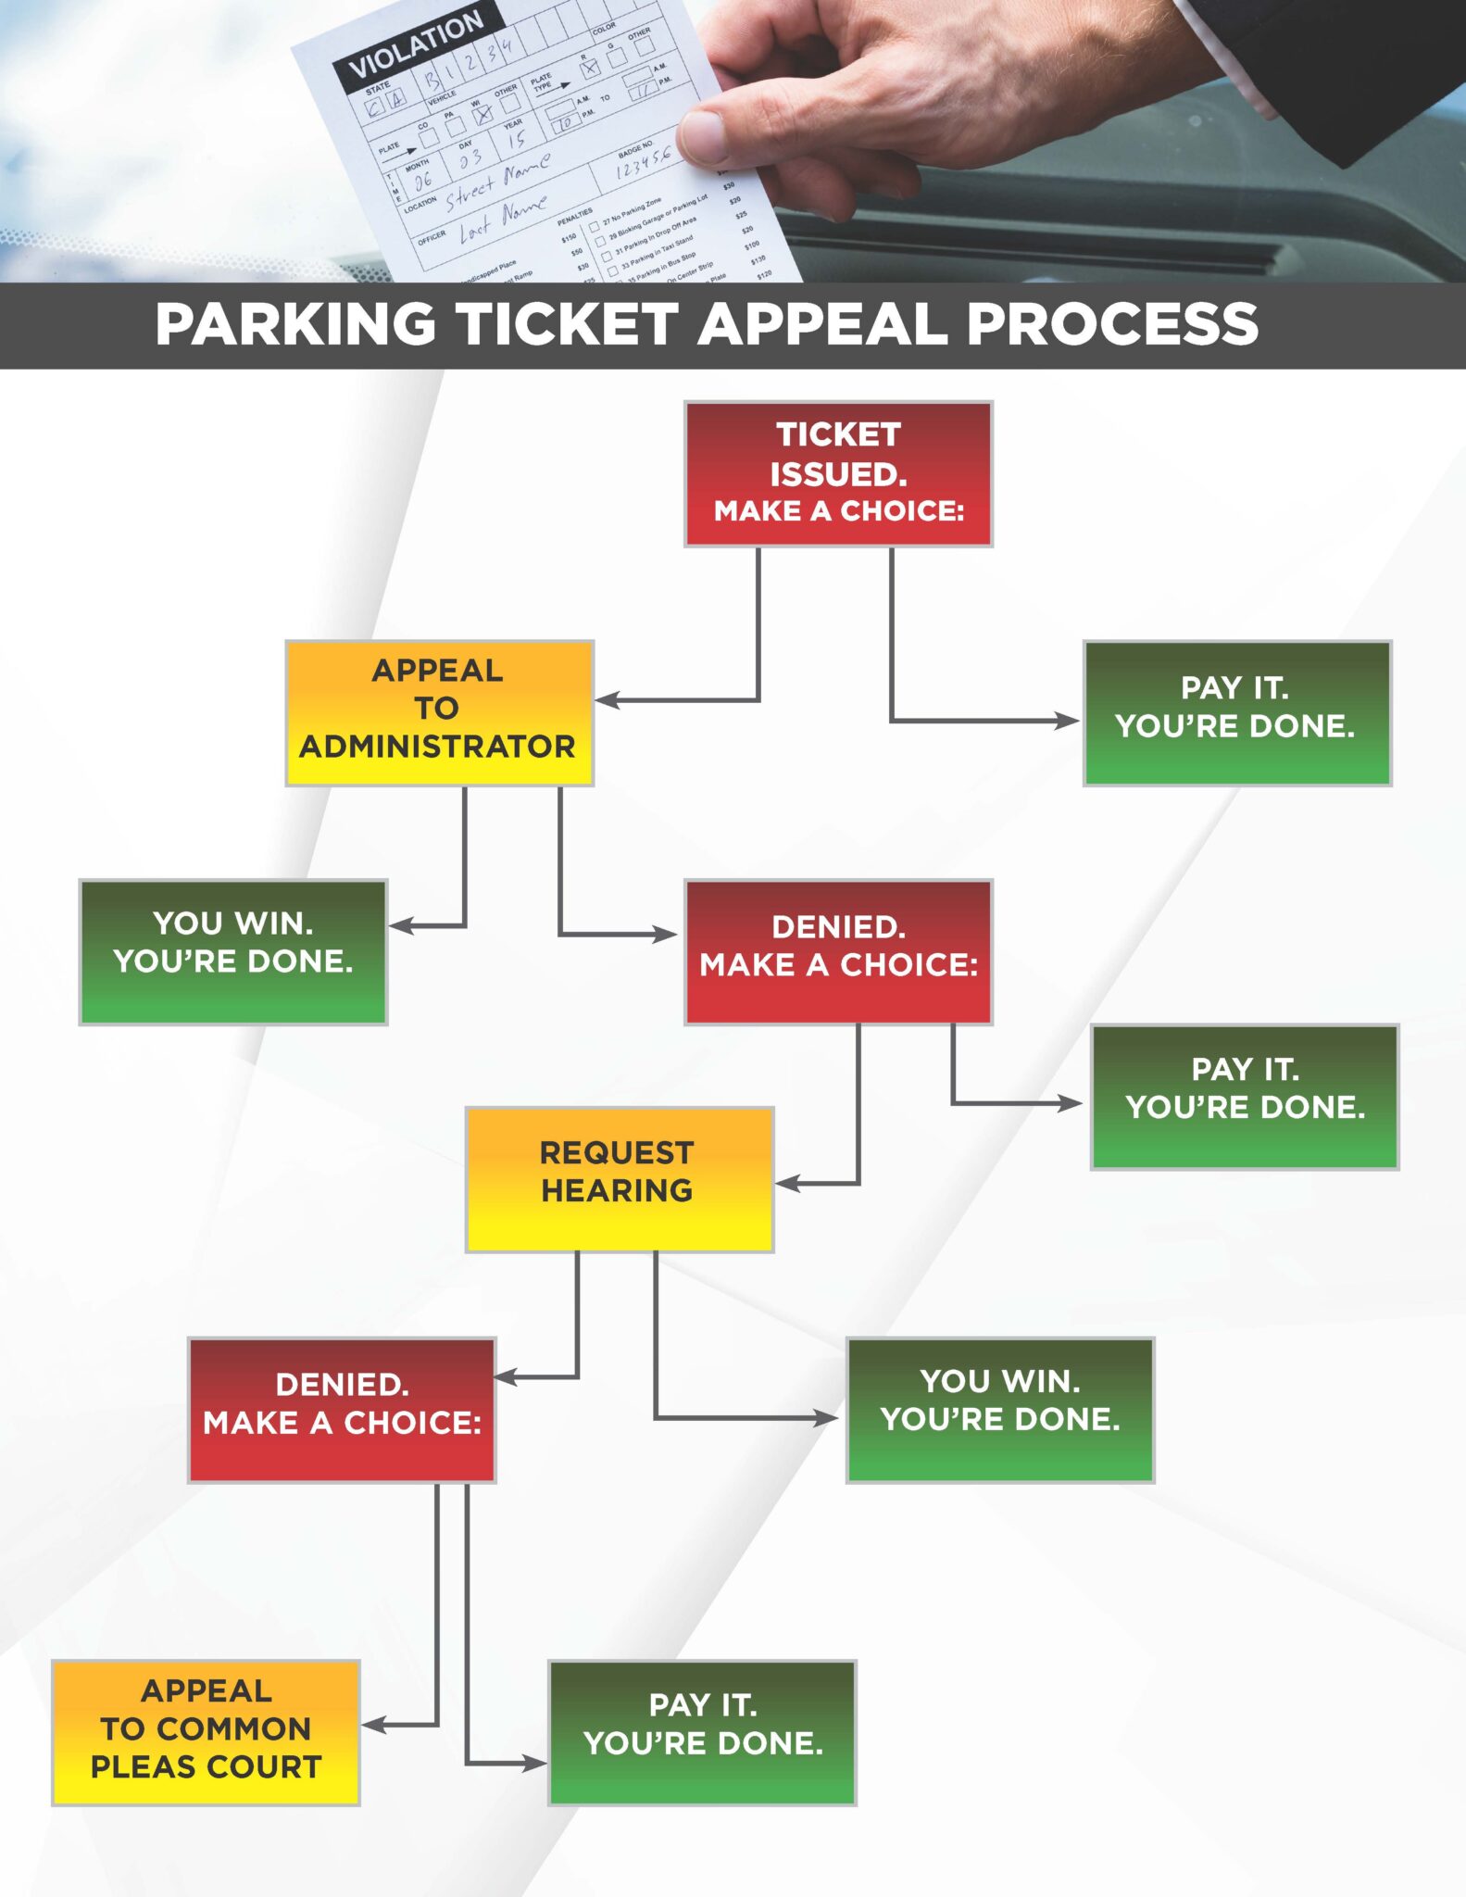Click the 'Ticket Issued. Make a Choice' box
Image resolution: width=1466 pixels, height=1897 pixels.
[x=838, y=473]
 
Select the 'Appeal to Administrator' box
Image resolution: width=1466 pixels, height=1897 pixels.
[x=439, y=712]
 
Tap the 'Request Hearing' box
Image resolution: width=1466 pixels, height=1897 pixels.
[x=619, y=1179]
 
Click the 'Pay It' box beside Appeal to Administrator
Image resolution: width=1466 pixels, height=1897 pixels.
[x=1236, y=712]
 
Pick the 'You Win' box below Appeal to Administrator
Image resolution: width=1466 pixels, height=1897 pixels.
[x=232, y=951]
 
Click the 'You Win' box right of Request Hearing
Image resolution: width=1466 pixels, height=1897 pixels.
[x=999, y=1410]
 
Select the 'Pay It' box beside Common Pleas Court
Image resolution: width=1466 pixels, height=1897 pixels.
[x=702, y=1732]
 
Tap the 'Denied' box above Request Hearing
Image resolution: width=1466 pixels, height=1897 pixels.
[x=838, y=951]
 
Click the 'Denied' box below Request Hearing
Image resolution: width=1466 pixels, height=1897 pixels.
[x=342, y=1410]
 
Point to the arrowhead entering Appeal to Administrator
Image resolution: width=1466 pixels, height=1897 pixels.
[x=604, y=700]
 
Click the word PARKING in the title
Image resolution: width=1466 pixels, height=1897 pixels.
[x=295, y=324]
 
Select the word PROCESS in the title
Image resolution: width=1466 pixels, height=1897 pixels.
[x=1112, y=324]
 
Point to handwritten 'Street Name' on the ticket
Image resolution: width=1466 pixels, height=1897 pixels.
[x=497, y=180]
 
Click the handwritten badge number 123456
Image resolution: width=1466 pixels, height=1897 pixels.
[x=643, y=163]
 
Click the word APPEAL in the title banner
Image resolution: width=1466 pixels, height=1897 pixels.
[x=821, y=324]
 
